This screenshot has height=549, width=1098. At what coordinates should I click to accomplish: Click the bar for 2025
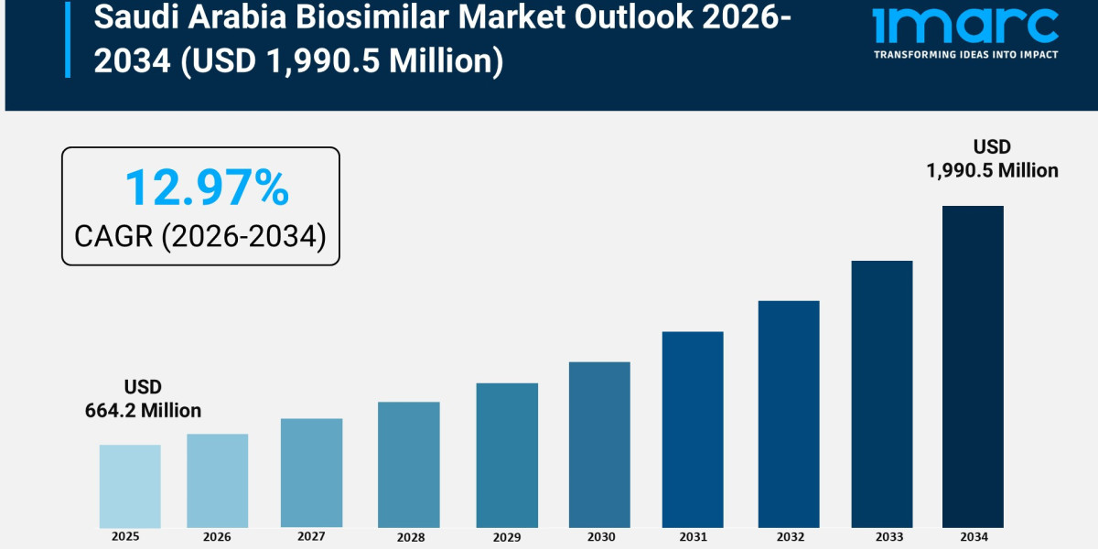(130, 486)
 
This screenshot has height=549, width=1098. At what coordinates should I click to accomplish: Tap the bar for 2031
(693, 429)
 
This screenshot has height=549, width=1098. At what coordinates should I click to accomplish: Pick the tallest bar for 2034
(973, 366)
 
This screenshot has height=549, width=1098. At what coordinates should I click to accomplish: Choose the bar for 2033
(882, 393)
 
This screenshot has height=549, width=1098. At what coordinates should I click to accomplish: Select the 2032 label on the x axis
(788, 536)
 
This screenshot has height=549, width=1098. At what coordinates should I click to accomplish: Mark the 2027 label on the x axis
(311, 536)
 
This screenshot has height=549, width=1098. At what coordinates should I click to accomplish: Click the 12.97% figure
(207, 188)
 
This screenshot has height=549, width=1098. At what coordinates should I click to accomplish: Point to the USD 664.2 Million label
(143, 399)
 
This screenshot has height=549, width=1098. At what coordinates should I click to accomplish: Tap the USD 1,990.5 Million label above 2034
(992, 158)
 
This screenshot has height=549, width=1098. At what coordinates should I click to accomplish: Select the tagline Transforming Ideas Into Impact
(965, 55)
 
